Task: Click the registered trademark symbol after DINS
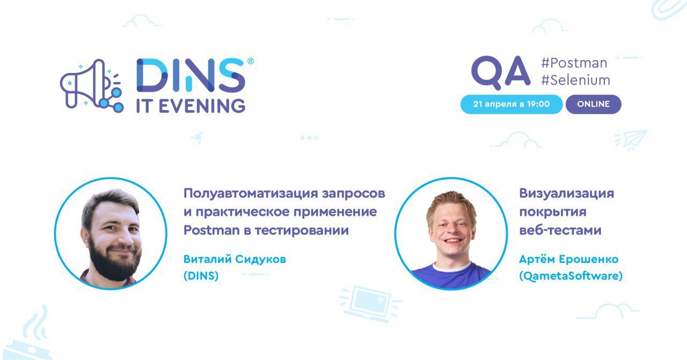pyautogui.click(x=250, y=61)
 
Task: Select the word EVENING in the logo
pyautogui.click(x=202, y=106)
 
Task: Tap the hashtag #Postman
pyautogui.click(x=574, y=63)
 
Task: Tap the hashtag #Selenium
pyautogui.click(x=575, y=80)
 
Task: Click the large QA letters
pyautogui.click(x=501, y=72)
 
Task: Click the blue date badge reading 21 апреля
pyautogui.click(x=511, y=104)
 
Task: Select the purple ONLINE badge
pyautogui.click(x=594, y=104)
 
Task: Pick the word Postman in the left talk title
pyautogui.click(x=211, y=230)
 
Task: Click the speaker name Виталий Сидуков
pyautogui.click(x=235, y=260)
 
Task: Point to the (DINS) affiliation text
pyautogui.click(x=201, y=276)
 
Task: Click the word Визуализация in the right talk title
pyautogui.click(x=566, y=194)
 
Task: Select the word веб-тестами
pyautogui.click(x=560, y=231)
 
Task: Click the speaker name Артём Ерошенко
pyautogui.click(x=568, y=260)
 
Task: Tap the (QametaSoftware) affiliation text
pyautogui.click(x=571, y=276)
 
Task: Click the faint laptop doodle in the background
pyautogui.click(x=370, y=304)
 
